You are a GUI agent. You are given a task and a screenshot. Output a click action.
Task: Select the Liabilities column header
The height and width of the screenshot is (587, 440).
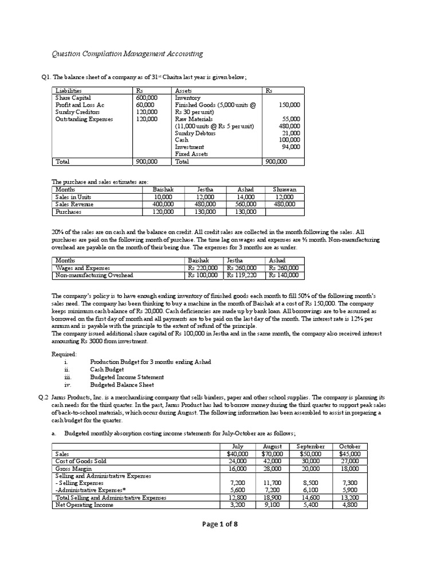pos(68,91)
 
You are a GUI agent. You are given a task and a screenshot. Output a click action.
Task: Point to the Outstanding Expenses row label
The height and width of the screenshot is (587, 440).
pos(84,119)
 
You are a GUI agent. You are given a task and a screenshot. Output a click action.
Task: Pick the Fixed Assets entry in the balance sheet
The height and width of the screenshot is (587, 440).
pos(191,154)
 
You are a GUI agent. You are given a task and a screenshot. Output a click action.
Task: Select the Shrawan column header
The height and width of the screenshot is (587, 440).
pos(285,189)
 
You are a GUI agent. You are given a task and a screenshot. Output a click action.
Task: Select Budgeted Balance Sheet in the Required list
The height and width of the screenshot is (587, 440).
pos(119,385)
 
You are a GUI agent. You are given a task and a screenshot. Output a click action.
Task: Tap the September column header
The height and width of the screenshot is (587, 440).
pos(311,446)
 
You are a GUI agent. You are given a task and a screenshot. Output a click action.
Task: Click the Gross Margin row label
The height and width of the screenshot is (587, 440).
pos(74,468)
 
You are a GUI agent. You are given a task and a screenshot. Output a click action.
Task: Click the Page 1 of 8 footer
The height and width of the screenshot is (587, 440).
pos(220,546)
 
